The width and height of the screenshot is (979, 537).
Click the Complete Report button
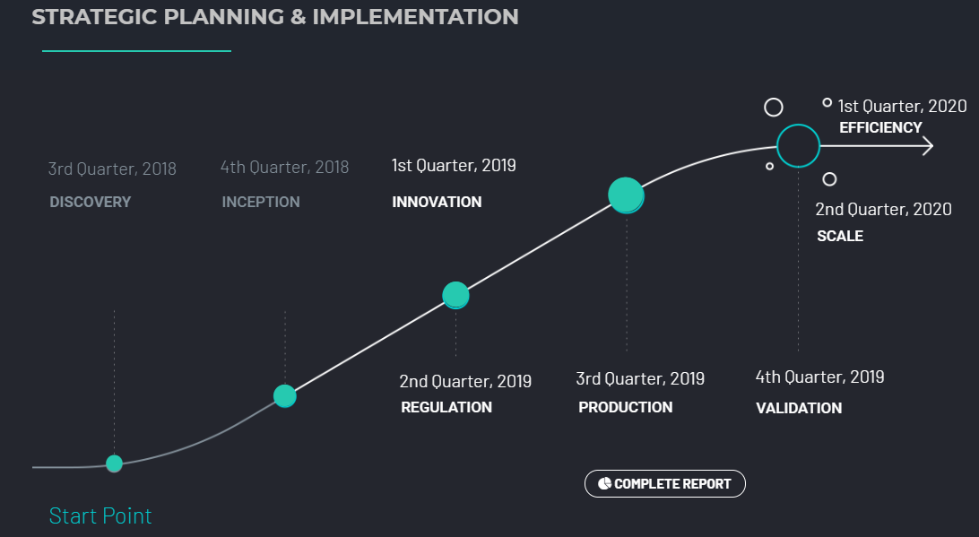pos(665,484)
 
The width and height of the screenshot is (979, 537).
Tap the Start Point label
pos(100,515)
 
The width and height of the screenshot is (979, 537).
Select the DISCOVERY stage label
pos(91,202)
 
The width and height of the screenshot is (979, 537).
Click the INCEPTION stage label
pos(261,202)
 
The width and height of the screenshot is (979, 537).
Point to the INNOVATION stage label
pos(438,202)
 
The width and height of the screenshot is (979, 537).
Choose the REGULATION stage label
pos(446,407)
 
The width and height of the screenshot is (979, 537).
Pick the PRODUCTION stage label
pos(626,407)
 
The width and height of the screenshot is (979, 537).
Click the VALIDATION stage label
pos(799,408)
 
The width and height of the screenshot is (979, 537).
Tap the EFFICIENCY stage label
pos(880,127)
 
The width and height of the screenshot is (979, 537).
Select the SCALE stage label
pos(840,236)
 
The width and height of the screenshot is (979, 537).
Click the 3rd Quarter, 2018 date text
pos(112,169)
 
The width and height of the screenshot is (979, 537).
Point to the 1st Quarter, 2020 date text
pos(902,106)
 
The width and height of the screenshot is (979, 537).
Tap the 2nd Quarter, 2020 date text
pos(883,209)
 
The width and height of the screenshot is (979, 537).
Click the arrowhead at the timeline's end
pos(929,146)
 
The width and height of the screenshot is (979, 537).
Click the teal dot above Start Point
pos(114,463)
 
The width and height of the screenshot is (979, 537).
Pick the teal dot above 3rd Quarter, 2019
pos(627,195)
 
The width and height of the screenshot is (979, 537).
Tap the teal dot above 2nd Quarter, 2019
pos(455,295)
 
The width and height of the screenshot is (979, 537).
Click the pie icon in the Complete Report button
pos(604,483)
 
